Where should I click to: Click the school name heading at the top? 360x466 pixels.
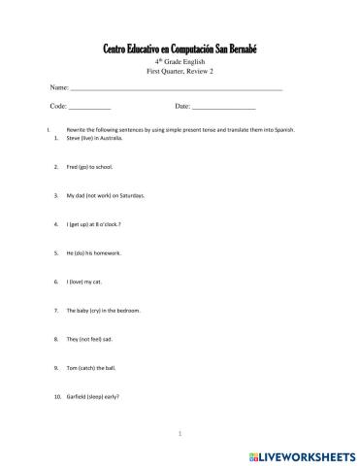(180, 49)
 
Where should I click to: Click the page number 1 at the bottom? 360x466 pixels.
(180, 432)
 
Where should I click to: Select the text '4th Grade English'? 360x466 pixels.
(180, 62)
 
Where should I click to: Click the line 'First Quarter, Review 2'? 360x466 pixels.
(180, 72)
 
